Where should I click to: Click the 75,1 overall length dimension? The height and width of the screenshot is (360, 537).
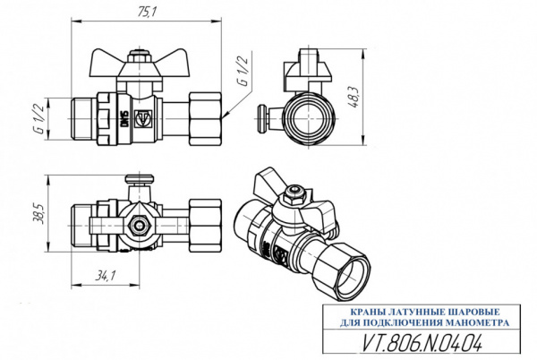point(146,11)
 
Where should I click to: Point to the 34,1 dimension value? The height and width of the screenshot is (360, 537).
point(106,276)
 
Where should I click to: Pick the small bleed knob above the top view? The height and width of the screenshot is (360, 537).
point(137,182)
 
